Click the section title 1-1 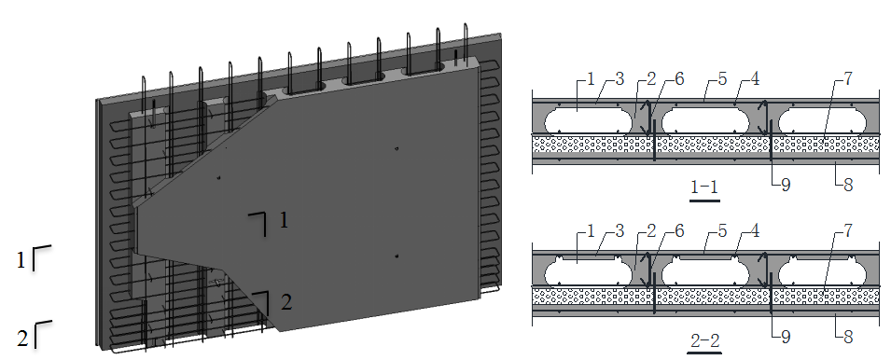pos(704,187)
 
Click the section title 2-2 pos(704,340)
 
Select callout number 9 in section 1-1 pos(786,185)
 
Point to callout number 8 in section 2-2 pos(847,337)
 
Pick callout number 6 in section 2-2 pos(678,231)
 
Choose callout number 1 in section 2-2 pos(591,231)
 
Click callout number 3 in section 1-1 pos(619,78)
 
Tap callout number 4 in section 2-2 pos(754,231)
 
